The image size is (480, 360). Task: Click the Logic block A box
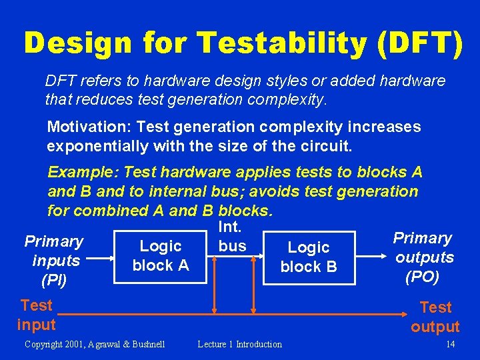pos(161,256)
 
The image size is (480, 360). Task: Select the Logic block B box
pos(308,257)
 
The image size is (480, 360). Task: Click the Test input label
pos(36,315)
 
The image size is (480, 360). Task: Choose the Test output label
pos(435,317)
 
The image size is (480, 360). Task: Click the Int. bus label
pos(232,237)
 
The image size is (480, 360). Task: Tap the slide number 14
pos(450,344)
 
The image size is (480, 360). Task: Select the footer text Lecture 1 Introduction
pos(240,344)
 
